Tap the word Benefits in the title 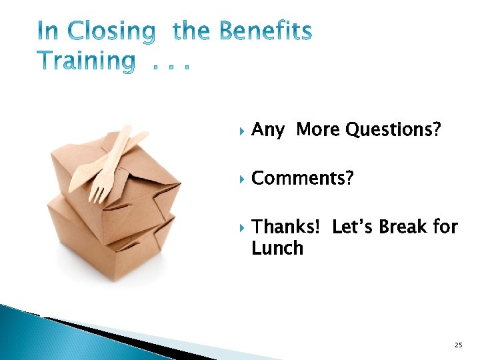click(265, 31)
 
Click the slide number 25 click(458, 345)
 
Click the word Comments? click(303, 179)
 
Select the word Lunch click(277, 249)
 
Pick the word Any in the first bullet click(268, 130)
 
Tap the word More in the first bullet click(317, 130)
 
